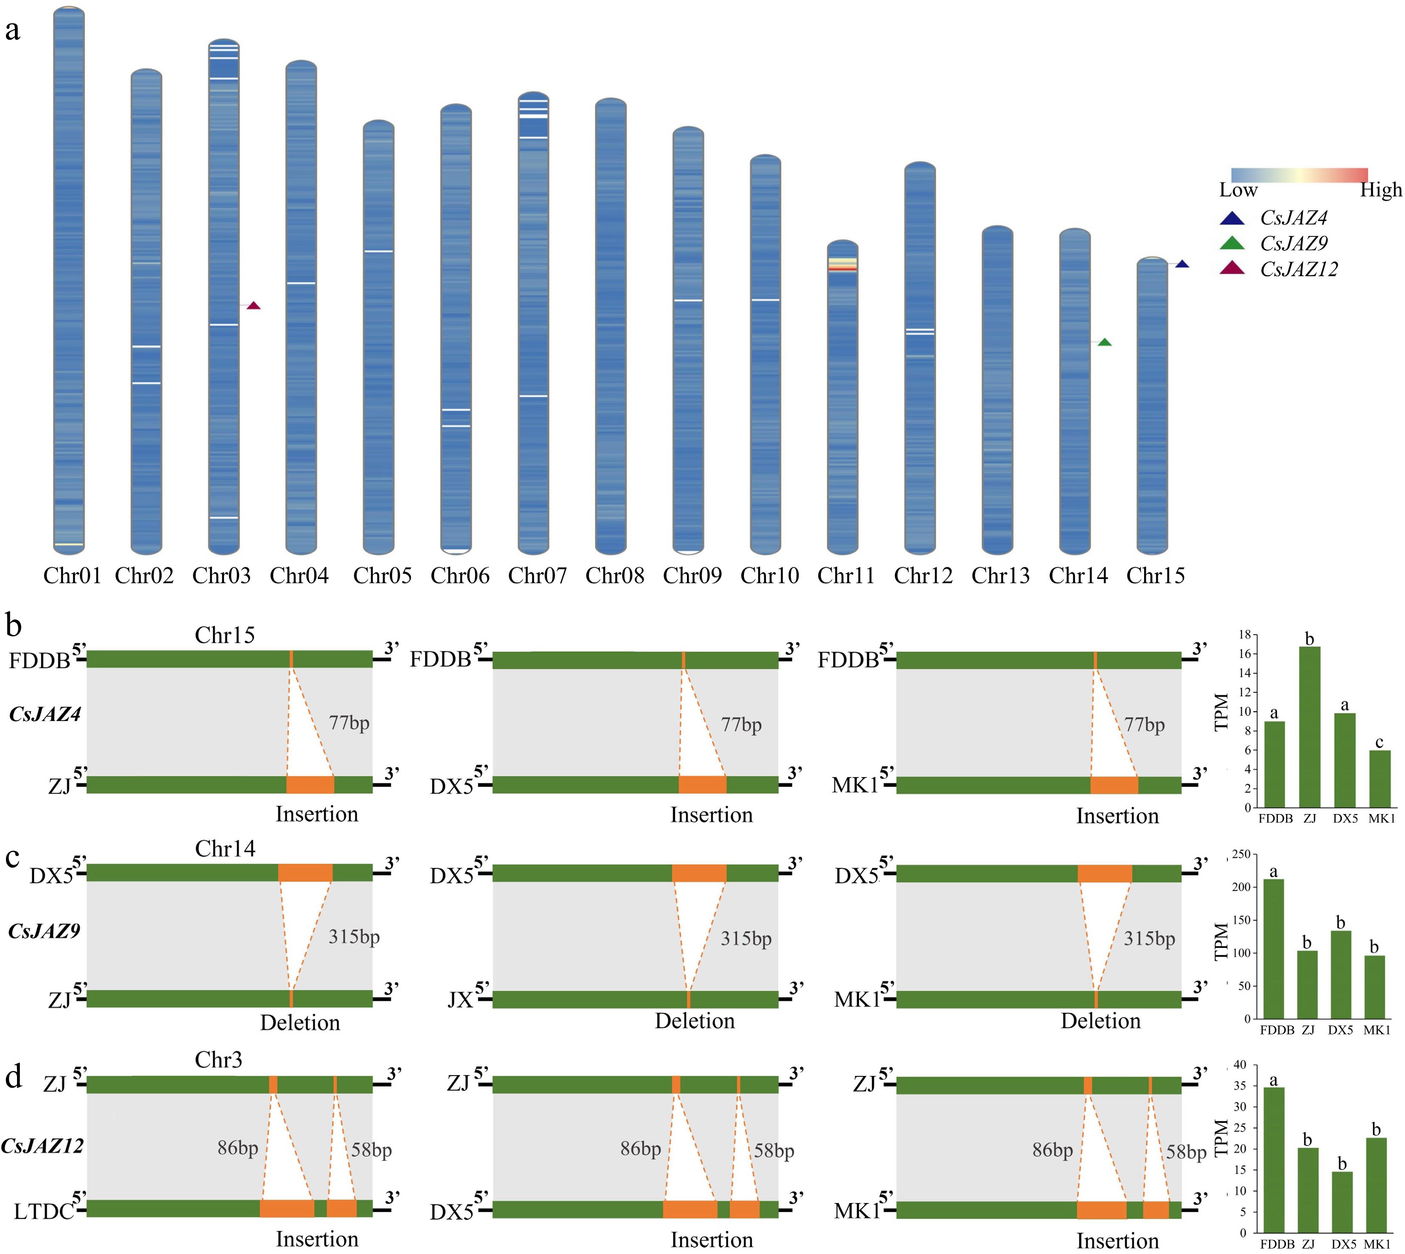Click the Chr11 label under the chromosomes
[846, 575]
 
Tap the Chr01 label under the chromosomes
[72, 575]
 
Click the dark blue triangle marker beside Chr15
[1182, 264]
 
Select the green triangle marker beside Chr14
[1104, 343]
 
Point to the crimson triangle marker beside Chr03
[254, 305]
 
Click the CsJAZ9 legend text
[1293, 243]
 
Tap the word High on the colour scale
[1380, 190]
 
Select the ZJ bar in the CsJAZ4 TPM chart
[1309, 727]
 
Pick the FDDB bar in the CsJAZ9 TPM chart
[1273, 949]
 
